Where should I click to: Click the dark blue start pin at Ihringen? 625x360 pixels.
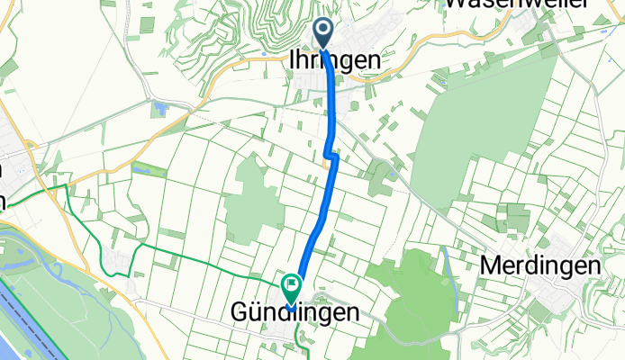click(x=323, y=32)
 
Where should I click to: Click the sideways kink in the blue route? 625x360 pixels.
click(x=331, y=157)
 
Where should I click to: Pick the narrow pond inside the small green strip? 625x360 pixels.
click(x=142, y=167)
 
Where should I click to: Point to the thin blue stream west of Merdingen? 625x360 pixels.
click(x=446, y=265)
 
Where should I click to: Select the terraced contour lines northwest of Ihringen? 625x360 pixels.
click(x=270, y=22)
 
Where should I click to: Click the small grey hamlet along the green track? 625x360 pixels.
click(x=117, y=261)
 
